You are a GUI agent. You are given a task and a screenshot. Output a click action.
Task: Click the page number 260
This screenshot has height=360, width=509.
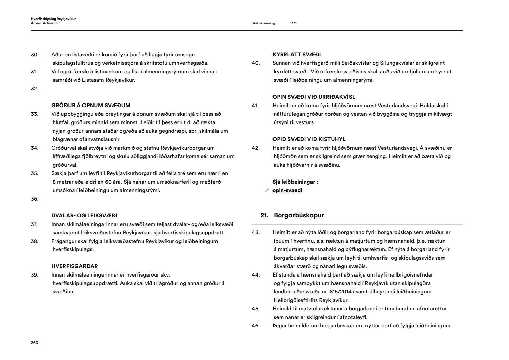[x=34, y=343]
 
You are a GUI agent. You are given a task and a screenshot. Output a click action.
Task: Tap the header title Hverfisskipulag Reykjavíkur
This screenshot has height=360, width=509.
[x=53, y=19]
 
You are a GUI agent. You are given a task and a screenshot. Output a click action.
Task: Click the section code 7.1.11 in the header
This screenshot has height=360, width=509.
[x=293, y=23]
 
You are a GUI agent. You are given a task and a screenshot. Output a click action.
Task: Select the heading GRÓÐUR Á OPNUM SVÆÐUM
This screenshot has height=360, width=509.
[x=91, y=106]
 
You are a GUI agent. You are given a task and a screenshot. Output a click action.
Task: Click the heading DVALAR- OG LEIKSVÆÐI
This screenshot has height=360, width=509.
[x=84, y=215]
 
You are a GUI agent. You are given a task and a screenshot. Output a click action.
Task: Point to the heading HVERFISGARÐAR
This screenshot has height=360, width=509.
[x=74, y=266]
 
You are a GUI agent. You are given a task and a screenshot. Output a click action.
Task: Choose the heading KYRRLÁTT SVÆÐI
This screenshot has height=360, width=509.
[x=297, y=55]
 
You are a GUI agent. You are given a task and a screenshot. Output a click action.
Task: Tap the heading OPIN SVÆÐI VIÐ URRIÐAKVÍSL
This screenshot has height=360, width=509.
[x=314, y=97]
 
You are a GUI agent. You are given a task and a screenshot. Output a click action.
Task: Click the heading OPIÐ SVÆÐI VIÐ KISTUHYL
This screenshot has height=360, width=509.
[x=309, y=139]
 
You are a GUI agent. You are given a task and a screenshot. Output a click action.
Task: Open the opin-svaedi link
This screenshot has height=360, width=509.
[x=287, y=190]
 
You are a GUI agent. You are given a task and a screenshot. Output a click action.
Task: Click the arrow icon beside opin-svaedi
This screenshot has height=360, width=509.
[x=267, y=191]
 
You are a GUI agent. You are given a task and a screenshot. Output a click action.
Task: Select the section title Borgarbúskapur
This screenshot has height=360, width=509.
[x=299, y=215]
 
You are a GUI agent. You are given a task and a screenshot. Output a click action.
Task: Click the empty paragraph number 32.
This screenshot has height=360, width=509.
[x=34, y=89]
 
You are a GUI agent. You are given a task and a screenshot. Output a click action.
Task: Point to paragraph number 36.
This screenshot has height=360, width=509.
[x=34, y=199]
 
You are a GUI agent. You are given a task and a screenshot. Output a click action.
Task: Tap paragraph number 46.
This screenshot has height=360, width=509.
[x=256, y=326]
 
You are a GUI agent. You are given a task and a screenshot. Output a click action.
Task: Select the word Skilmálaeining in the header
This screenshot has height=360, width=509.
[x=263, y=23]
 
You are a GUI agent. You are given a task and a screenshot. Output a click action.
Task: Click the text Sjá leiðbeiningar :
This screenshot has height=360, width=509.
[x=295, y=182]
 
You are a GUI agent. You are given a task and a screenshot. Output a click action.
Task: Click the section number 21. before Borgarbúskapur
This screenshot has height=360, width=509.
[x=264, y=215]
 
